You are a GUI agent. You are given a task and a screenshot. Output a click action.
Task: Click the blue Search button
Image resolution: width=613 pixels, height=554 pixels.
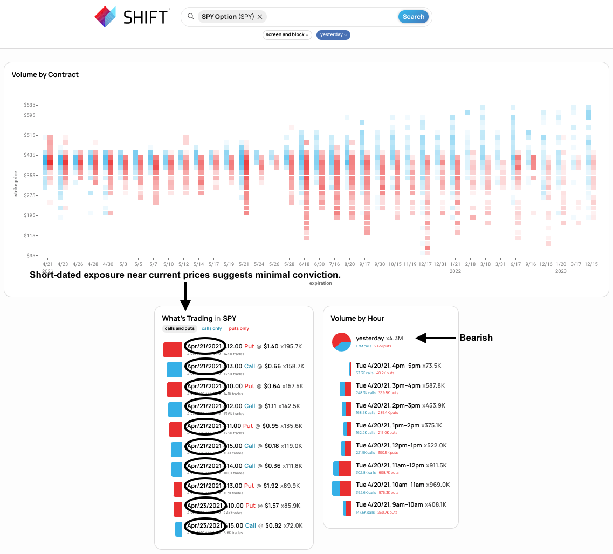pyautogui.click(x=414, y=17)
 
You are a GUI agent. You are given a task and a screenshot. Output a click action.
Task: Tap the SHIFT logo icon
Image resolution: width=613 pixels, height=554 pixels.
pyautogui.click(x=105, y=17)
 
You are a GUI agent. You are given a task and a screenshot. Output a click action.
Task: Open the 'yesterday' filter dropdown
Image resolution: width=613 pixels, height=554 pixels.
pyautogui.click(x=333, y=34)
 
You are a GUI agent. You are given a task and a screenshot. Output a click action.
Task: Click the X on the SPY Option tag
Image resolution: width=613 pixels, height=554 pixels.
pyautogui.click(x=260, y=17)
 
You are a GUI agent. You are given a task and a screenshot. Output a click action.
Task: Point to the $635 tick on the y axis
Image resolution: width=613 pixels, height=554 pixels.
pyautogui.click(x=29, y=104)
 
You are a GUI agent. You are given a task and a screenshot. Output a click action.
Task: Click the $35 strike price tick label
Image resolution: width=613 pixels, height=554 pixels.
pyautogui.click(x=30, y=255)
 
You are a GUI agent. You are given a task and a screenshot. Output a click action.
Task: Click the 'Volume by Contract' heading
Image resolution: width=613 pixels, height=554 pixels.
pyautogui.click(x=45, y=75)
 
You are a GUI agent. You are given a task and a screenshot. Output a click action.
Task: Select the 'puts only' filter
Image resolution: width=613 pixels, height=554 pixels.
pyautogui.click(x=239, y=328)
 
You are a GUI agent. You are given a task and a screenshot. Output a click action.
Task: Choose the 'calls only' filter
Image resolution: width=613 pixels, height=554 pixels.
pyautogui.click(x=211, y=328)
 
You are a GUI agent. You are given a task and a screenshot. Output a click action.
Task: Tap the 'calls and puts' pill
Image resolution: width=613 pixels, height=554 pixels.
pyautogui.click(x=180, y=328)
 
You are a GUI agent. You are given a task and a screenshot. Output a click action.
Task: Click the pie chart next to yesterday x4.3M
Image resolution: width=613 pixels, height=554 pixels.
pyautogui.click(x=342, y=342)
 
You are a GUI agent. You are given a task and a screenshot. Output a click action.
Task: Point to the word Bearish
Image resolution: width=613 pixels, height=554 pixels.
pyautogui.click(x=476, y=338)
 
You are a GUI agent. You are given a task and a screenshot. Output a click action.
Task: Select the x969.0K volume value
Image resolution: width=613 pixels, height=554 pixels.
pyautogui.click(x=438, y=485)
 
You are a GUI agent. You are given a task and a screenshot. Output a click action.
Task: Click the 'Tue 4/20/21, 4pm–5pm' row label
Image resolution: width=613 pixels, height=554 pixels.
pyautogui.click(x=388, y=366)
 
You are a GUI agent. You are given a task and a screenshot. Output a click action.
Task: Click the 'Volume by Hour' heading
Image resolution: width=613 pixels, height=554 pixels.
pyautogui.click(x=357, y=319)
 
